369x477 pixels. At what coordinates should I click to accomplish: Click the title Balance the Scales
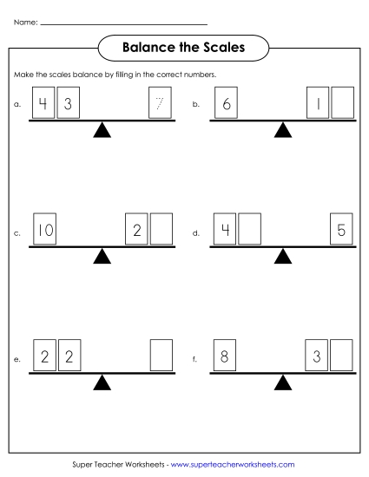[x=183, y=48]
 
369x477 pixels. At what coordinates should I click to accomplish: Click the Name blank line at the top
[x=124, y=23]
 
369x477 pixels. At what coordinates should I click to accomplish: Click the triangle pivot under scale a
[x=102, y=130]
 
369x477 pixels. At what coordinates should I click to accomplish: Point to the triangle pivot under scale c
[x=102, y=256]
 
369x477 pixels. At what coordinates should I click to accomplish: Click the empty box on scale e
[x=161, y=356]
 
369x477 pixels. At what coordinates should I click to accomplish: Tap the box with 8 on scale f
[x=225, y=356]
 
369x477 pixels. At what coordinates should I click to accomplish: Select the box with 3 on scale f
[x=317, y=356]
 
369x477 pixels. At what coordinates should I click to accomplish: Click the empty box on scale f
[x=342, y=356]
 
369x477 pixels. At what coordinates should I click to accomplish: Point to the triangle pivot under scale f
[x=282, y=382]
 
